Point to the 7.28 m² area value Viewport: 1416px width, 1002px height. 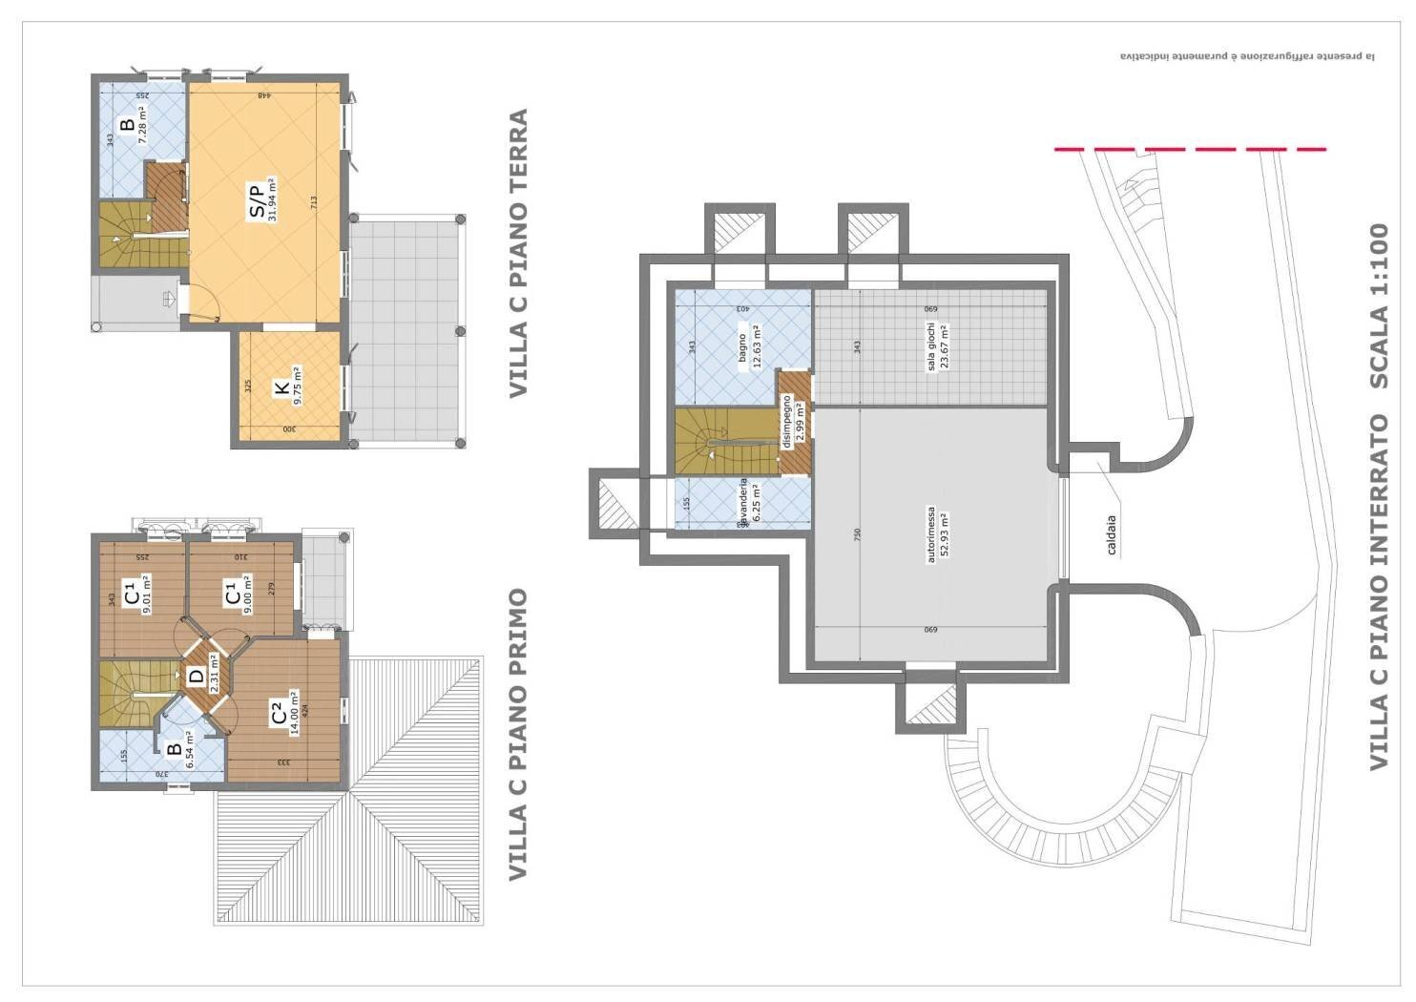(140, 125)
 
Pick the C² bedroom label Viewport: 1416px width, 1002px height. (278, 712)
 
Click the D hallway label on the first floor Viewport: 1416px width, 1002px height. (197, 677)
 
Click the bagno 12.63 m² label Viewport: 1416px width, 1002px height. (748, 346)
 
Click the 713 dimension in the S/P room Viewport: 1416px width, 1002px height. (313, 202)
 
